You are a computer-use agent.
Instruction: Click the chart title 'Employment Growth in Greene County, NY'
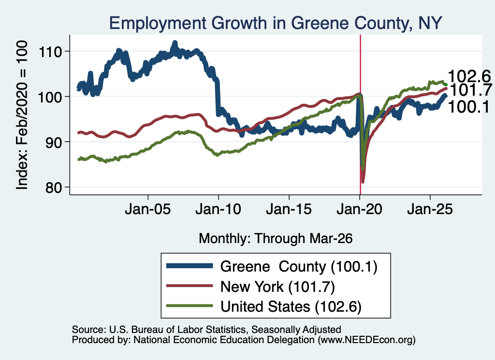point(275,23)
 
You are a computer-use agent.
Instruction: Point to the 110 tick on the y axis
point(50,51)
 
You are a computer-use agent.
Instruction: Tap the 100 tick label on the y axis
point(50,97)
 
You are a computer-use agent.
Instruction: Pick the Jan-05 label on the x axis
point(148,209)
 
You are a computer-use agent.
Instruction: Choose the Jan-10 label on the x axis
point(218,209)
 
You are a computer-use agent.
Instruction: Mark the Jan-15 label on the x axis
point(289,209)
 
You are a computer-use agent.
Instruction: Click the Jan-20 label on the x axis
point(360,209)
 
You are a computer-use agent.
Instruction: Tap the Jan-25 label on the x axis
point(430,209)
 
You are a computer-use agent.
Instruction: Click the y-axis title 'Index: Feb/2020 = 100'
point(22,115)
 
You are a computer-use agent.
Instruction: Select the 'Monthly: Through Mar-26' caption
point(276,238)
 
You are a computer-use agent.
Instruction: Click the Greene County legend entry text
point(299,267)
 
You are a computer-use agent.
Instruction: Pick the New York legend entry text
point(277,287)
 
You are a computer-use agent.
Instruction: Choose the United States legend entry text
point(291,307)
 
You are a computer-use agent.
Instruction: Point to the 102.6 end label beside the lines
point(469,76)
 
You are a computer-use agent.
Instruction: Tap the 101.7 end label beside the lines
point(470,90)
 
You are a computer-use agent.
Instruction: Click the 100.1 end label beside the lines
point(469,107)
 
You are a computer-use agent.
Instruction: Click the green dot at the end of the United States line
point(446,84)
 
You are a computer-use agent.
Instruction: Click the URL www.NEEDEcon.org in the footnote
point(366,340)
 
